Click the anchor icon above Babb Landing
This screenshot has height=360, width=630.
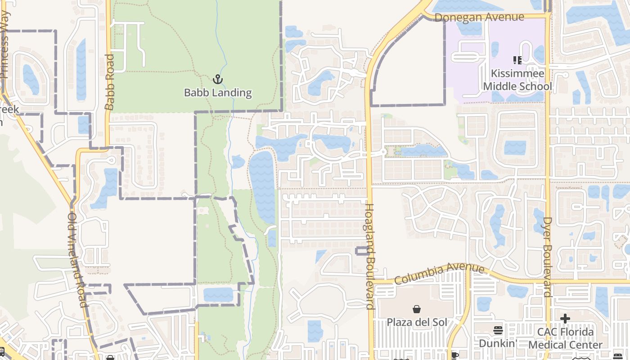coord(218,79)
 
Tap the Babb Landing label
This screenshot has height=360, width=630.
coord(218,93)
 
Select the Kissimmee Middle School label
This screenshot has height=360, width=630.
coord(517,80)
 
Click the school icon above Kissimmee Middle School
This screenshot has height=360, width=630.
coord(517,60)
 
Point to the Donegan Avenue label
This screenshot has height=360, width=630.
coord(479,17)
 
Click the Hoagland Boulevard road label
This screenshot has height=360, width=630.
coord(370,256)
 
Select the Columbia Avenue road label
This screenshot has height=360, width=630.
coord(440,274)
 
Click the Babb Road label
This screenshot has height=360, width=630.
coord(109,82)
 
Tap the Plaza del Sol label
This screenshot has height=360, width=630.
coord(417,323)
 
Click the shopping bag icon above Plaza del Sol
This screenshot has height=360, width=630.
coord(417,309)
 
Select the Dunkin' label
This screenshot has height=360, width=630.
coord(497,343)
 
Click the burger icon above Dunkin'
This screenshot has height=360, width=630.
coord(498,330)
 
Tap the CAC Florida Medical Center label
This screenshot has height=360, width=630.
coord(565,338)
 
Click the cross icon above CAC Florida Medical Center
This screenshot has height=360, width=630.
coord(565,319)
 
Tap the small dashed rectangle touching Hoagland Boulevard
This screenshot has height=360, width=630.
coord(362,251)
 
